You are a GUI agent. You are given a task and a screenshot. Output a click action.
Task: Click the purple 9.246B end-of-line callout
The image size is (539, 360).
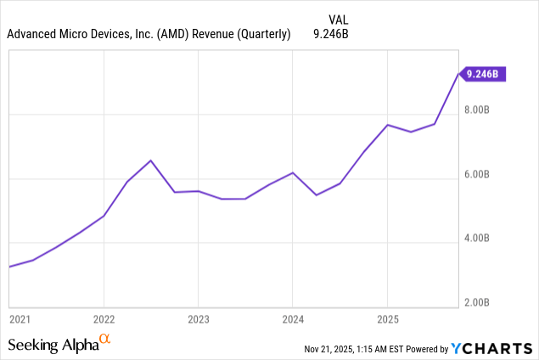click(x=482, y=74)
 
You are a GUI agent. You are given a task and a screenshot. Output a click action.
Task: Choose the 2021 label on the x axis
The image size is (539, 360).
click(x=20, y=319)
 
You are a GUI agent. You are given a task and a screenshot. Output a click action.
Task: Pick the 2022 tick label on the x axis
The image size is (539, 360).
click(x=104, y=319)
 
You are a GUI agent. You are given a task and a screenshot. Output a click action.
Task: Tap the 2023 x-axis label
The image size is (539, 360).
click(x=198, y=319)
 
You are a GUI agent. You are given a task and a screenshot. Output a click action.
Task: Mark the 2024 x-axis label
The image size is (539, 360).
click(x=292, y=319)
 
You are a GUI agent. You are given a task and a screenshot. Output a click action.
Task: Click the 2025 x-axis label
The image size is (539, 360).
click(x=387, y=319)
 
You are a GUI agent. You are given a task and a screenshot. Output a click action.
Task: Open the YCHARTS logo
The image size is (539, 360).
click(x=492, y=348)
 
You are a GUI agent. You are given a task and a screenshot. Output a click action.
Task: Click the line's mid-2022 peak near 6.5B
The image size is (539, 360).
click(x=150, y=160)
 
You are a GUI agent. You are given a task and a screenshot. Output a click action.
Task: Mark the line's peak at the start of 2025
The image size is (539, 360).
click(x=387, y=125)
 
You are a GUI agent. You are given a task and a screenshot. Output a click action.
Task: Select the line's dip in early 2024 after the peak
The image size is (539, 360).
click(x=316, y=195)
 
